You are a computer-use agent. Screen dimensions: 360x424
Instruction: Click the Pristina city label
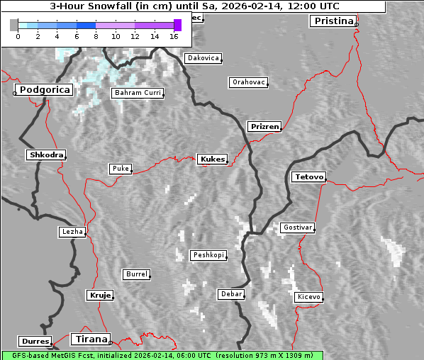[x=333, y=21]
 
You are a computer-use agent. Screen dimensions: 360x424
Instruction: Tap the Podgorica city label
[x=44, y=90]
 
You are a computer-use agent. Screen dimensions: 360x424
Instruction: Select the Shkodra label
[x=46, y=154]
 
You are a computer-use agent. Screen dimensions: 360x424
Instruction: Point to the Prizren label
[x=264, y=127]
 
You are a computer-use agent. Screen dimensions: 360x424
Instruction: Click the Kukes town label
[x=212, y=159]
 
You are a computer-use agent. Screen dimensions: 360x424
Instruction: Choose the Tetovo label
[x=308, y=176]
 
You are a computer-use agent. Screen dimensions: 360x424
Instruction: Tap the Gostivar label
[x=297, y=227]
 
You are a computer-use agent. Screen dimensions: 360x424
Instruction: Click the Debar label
[x=231, y=293]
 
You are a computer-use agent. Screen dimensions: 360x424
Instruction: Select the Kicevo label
[x=309, y=297]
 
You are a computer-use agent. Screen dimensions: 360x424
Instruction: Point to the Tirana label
[x=90, y=339]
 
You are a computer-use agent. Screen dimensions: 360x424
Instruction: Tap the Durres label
[x=35, y=342]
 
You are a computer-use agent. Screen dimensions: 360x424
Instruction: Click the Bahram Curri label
[x=138, y=93]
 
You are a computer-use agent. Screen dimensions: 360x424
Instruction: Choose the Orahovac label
[x=249, y=82]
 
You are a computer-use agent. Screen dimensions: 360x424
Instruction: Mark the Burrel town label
[x=136, y=274]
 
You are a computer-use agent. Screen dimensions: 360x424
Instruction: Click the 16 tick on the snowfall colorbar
[x=174, y=35]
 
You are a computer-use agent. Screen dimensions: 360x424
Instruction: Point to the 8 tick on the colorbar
[x=96, y=35]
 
